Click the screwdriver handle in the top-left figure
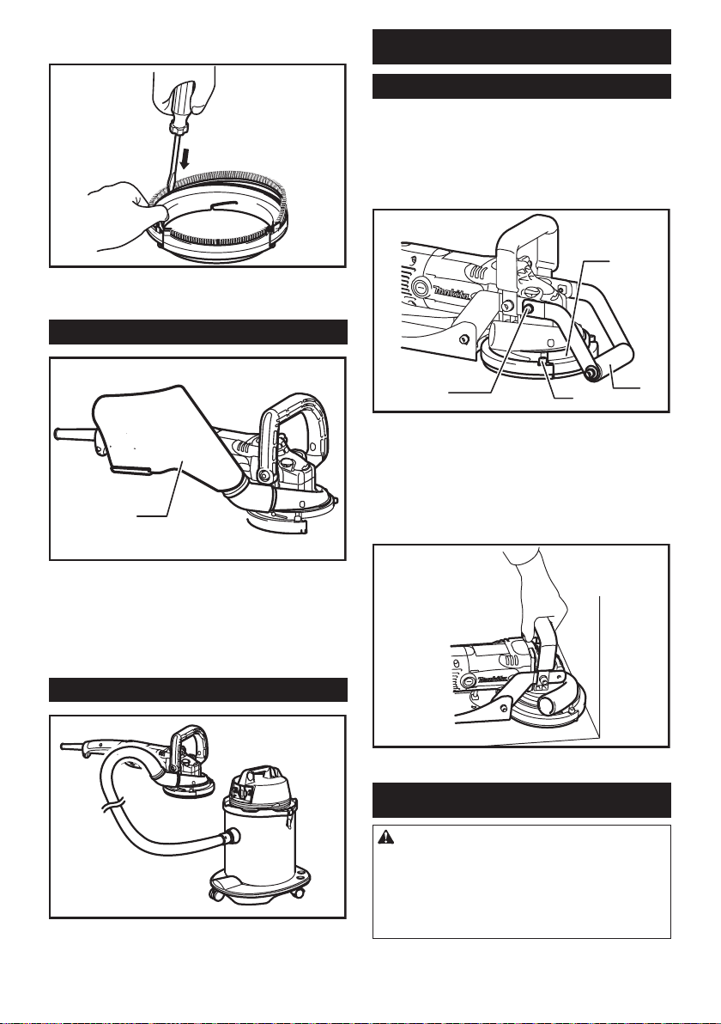pos(182,99)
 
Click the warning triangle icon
pos(384,838)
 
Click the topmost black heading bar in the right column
pos(521,46)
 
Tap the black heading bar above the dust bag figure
pos(197,332)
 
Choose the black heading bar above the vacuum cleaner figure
pos(197,690)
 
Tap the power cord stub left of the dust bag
pos(73,435)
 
